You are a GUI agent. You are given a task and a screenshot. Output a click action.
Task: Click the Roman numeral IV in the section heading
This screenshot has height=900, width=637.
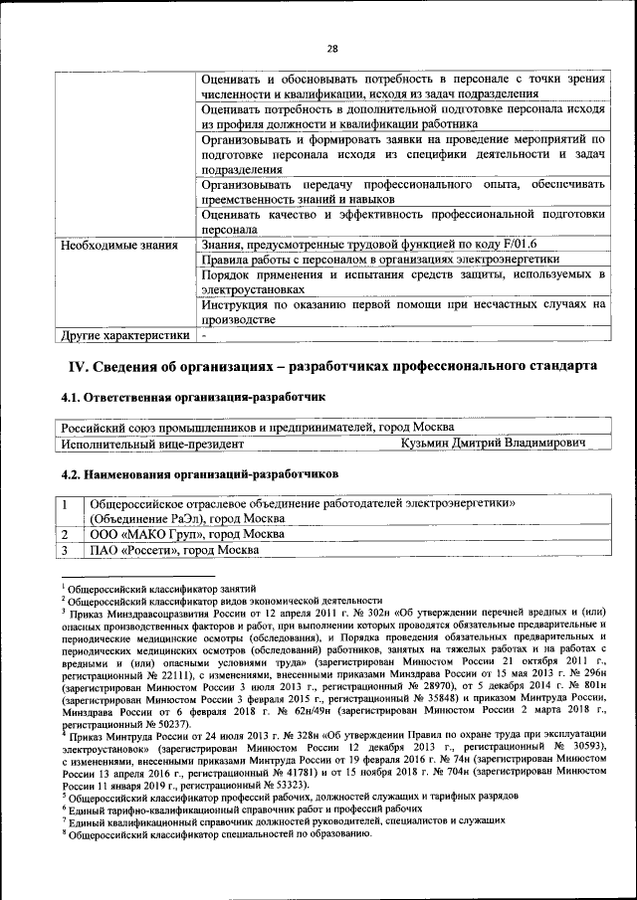(x=78, y=366)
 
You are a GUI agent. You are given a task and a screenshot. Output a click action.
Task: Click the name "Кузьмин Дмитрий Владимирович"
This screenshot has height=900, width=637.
(x=493, y=443)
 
